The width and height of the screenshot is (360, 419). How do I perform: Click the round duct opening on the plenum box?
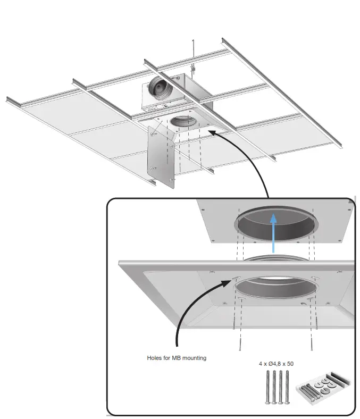[x=160, y=86]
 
